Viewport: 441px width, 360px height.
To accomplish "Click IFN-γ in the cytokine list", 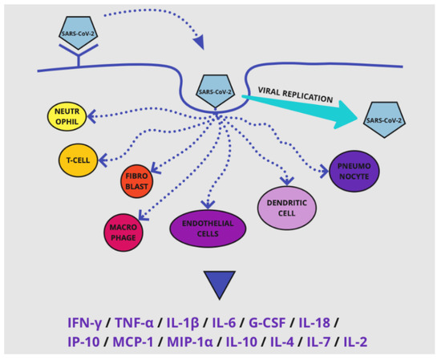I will (x=86, y=322).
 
